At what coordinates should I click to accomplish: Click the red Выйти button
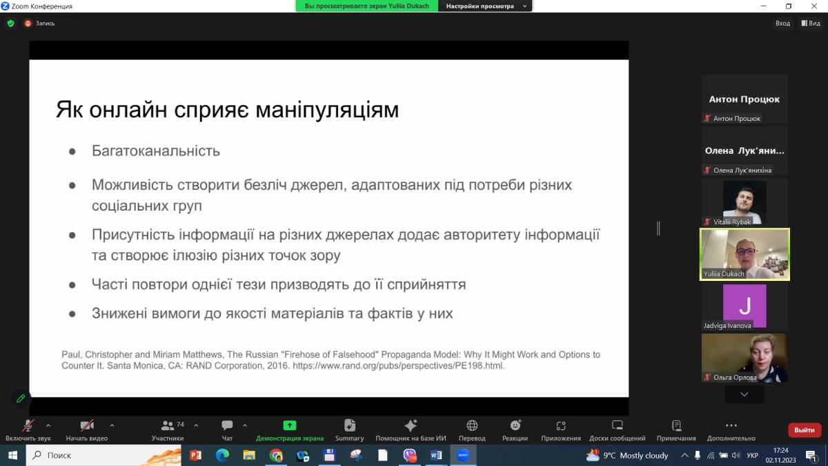click(805, 430)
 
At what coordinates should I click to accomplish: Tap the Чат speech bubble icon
click(227, 425)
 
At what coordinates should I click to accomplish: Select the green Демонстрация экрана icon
click(289, 425)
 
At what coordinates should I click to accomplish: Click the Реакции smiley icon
click(515, 425)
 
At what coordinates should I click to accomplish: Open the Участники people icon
click(168, 426)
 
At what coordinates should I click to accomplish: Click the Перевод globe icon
click(472, 425)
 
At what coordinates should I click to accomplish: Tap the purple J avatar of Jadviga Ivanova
click(745, 305)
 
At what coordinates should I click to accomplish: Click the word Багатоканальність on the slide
click(156, 151)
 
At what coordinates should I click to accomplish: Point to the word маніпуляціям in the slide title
click(327, 110)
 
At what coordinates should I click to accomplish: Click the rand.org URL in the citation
click(399, 366)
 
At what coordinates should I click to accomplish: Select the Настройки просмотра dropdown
click(485, 6)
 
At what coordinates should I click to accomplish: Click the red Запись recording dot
click(28, 23)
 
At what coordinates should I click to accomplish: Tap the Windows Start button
click(12, 455)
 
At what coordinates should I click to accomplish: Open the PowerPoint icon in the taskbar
click(195, 455)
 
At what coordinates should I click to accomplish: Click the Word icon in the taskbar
click(436, 455)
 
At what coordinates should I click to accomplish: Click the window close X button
click(814, 6)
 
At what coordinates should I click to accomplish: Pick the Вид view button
click(811, 23)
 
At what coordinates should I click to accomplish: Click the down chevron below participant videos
click(744, 394)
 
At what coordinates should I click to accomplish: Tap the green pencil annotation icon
click(21, 398)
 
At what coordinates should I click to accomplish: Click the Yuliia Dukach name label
click(723, 273)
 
